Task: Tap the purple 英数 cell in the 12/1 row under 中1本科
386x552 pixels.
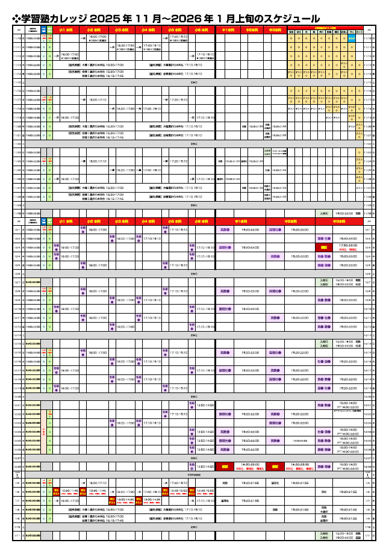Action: pos(225,230)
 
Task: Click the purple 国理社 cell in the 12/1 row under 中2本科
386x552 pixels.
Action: pos(274,230)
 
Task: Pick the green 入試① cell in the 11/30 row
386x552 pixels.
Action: pos(324,213)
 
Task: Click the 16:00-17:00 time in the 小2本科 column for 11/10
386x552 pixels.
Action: pos(98,37)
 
